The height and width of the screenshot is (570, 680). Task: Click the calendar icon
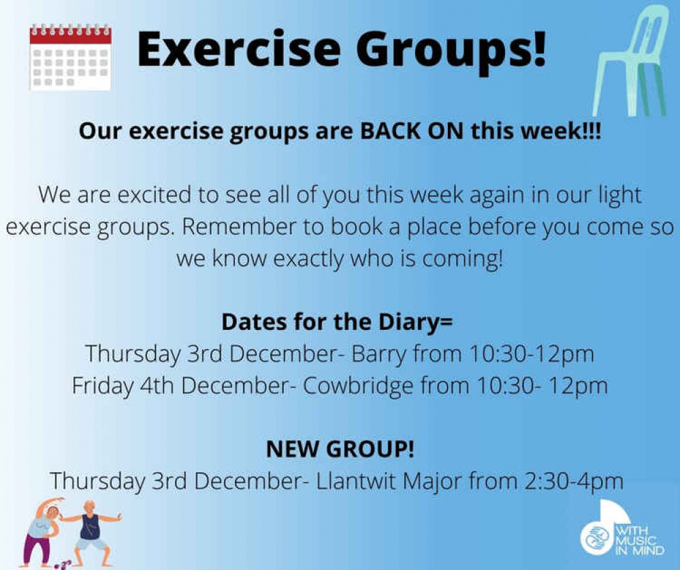click(x=70, y=57)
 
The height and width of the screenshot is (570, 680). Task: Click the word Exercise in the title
click(x=238, y=50)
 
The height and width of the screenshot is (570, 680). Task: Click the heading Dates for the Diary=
click(x=337, y=322)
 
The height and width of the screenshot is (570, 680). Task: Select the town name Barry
click(x=378, y=354)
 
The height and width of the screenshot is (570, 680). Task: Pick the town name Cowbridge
click(x=358, y=386)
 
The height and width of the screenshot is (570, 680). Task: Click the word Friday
click(x=103, y=386)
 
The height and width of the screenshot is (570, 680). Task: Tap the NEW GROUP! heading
click(x=340, y=449)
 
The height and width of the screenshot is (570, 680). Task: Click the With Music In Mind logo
click(x=622, y=528)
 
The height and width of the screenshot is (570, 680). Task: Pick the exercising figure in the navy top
click(x=91, y=534)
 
